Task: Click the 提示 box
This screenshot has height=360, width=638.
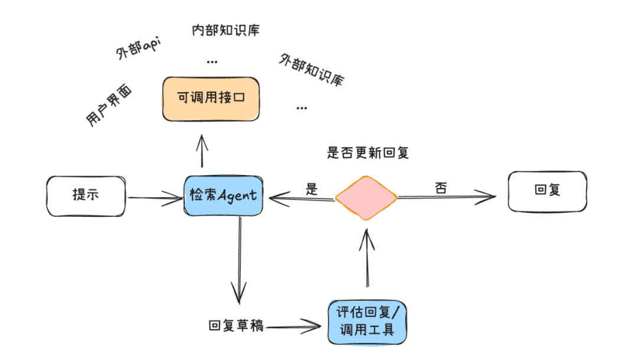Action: (86, 196)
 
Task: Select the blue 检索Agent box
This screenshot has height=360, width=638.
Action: (224, 196)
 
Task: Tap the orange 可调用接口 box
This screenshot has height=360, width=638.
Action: (211, 99)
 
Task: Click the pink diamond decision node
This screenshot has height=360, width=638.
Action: (366, 198)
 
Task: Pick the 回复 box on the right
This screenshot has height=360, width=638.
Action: (547, 191)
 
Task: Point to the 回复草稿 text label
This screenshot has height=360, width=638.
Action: (236, 325)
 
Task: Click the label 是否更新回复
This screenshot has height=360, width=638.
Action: (367, 153)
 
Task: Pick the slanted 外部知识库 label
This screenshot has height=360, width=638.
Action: (311, 70)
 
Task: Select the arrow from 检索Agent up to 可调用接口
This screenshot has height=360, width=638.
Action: (202, 151)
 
